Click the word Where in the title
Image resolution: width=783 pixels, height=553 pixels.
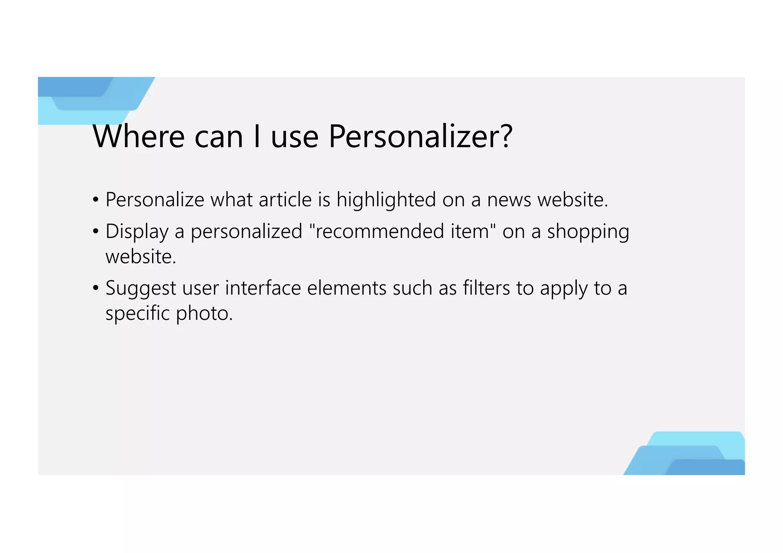click(139, 136)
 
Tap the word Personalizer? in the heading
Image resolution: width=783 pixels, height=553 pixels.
click(420, 136)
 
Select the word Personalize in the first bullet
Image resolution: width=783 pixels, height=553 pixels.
click(155, 200)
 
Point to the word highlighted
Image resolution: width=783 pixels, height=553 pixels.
click(386, 200)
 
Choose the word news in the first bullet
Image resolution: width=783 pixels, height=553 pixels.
click(509, 200)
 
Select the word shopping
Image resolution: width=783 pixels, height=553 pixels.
click(588, 232)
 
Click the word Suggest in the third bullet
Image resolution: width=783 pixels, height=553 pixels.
click(141, 288)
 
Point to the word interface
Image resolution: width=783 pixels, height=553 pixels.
click(263, 288)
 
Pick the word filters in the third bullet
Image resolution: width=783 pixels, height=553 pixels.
click(486, 288)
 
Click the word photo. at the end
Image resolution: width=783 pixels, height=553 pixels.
click(204, 313)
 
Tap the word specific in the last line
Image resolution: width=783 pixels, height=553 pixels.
click(138, 313)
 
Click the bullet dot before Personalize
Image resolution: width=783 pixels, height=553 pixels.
click(96, 200)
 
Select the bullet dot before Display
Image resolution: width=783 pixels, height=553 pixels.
click(96, 232)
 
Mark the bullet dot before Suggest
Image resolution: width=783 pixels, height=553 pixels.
click(96, 288)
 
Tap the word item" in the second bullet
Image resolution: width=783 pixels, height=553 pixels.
click(473, 232)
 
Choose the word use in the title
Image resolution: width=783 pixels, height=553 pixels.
click(295, 136)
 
